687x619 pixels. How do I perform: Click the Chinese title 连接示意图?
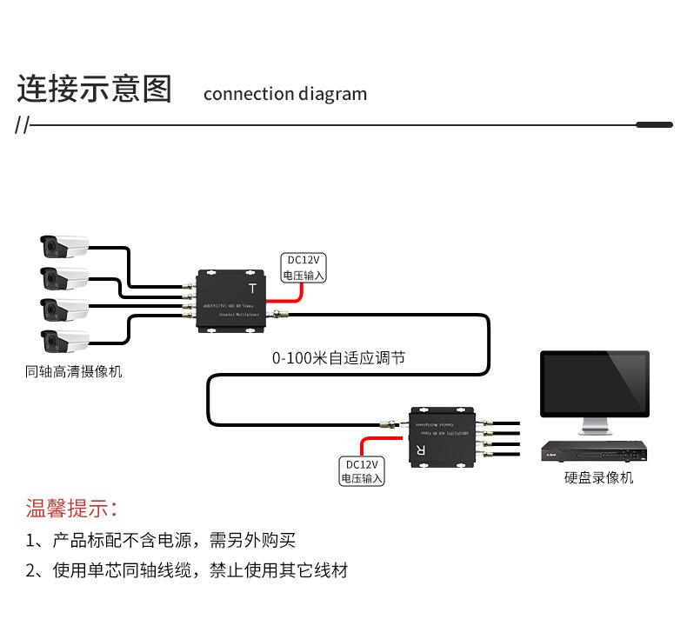tap(95, 90)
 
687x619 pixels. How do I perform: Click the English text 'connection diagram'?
tap(284, 94)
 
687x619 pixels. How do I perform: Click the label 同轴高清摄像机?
tap(74, 372)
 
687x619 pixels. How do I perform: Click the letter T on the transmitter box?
tap(253, 289)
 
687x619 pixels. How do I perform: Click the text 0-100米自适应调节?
tap(338, 357)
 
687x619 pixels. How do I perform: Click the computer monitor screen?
tap(594, 383)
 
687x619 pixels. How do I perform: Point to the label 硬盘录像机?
tap(598, 478)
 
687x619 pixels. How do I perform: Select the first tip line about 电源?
tap(161, 541)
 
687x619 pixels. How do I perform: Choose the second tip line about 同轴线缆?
tap(187, 570)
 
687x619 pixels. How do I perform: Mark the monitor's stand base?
tap(595, 431)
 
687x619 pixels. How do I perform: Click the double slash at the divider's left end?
tap(22, 126)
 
